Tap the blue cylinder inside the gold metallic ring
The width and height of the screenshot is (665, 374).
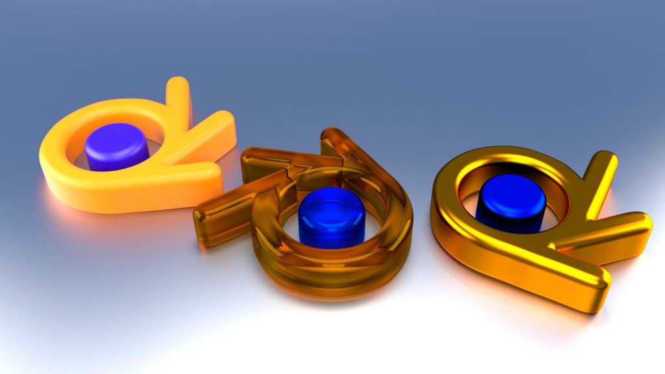(510, 204)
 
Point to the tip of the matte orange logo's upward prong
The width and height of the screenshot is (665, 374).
(178, 84)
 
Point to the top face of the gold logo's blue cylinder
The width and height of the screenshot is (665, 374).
(510, 188)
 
